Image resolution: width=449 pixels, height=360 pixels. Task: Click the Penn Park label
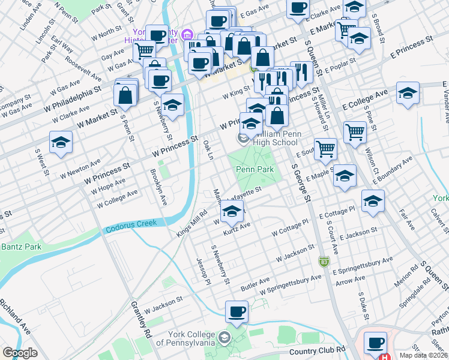click(255, 170)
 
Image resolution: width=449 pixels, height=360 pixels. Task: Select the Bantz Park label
click(20, 247)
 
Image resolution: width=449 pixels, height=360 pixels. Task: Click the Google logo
click(20, 353)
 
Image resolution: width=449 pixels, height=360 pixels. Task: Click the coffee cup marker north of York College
click(237, 312)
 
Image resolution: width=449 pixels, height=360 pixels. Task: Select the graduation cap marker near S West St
click(61, 143)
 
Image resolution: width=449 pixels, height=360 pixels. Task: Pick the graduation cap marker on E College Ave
click(408, 94)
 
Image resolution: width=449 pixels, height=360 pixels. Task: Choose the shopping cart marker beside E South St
click(325, 148)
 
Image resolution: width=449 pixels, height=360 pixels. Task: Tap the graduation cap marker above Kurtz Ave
click(232, 212)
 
